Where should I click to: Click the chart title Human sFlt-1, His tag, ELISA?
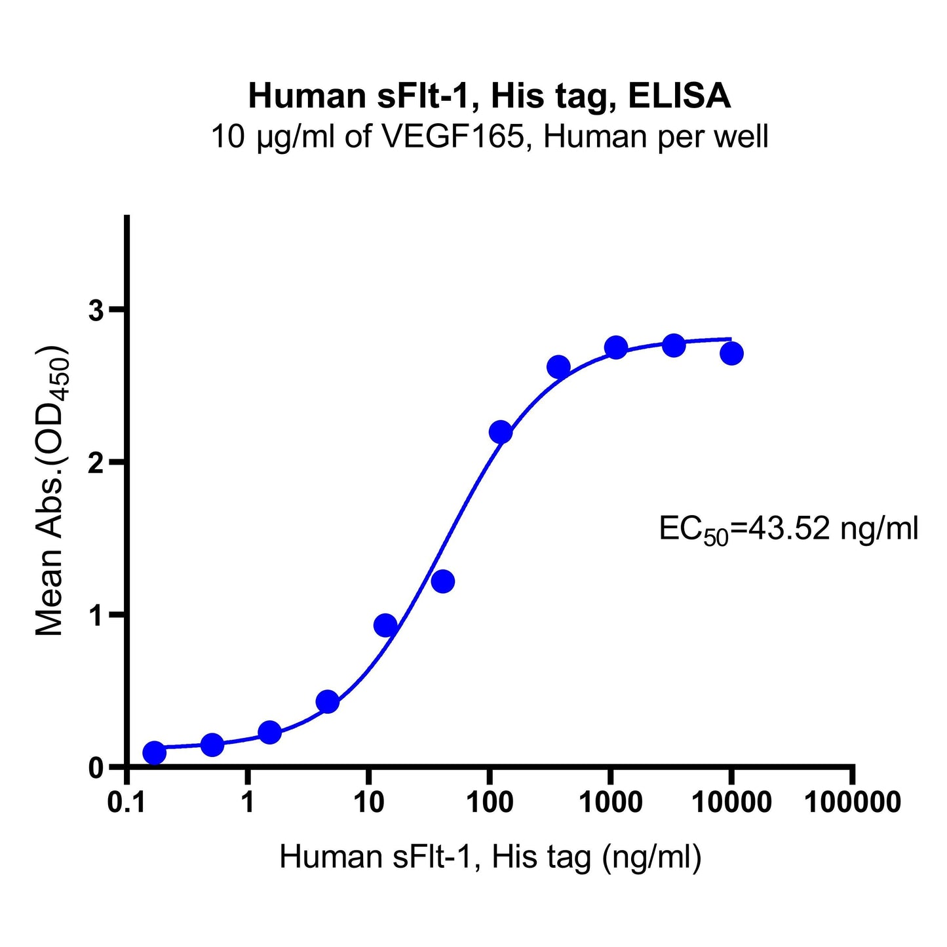pyautogui.click(x=489, y=96)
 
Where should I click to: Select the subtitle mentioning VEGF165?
pyautogui.click(x=489, y=138)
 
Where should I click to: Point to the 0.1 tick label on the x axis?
pyautogui.click(x=126, y=802)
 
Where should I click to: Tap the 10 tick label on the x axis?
pyautogui.click(x=368, y=802)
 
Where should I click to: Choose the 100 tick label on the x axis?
pyautogui.click(x=489, y=802)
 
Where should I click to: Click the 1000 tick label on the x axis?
pyautogui.click(x=610, y=802)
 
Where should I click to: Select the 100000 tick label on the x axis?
pyautogui.click(x=851, y=802)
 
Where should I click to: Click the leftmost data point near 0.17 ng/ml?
pyautogui.click(x=154, y=753)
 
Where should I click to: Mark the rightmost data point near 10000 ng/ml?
pyautogui.click(x=731, y=354)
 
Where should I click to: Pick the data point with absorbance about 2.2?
pyautogui.click(x=500, y=433)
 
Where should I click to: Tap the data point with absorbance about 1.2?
pyautogui.click(x=443, y=581)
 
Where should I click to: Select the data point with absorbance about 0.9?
pyautogui.click(x=385, y=626)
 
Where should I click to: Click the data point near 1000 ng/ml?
pyautogui.click(x=616, y=348)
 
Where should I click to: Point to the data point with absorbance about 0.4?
pyautogui.click(x=327, y=702)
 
